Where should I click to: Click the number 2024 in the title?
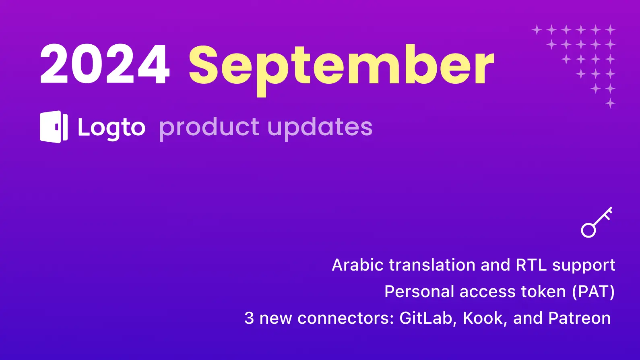105,64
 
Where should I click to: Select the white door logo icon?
54,127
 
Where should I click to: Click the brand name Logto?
112,128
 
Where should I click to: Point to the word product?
209,128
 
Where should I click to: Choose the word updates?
320,128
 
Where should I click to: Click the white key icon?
597,222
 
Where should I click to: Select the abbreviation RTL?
531,265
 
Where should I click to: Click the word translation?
432,265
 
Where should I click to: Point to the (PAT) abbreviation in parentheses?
593,292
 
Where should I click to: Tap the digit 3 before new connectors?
249,318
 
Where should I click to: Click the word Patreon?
580,318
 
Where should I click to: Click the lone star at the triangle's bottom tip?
610,103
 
